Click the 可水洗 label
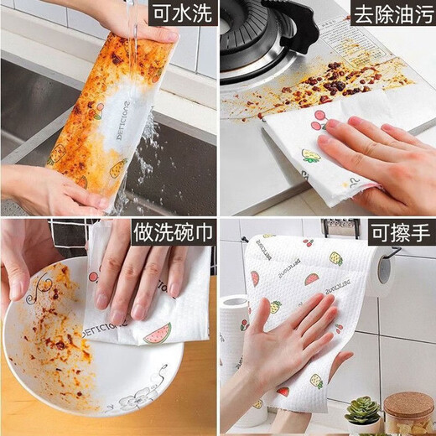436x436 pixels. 180,15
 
